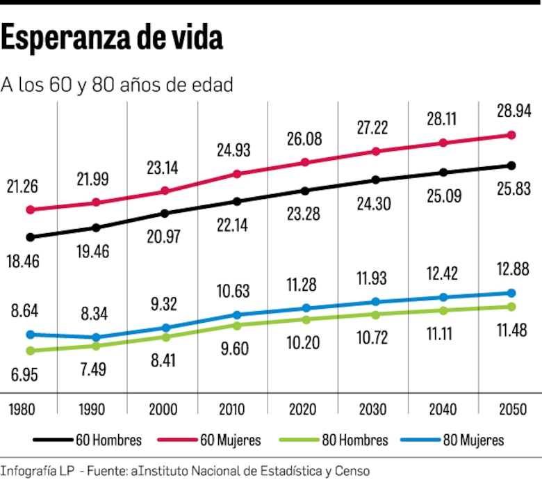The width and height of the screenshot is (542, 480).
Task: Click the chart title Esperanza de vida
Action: click(x=112, y=39)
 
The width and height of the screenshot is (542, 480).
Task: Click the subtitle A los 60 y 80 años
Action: click(x=117, y=85)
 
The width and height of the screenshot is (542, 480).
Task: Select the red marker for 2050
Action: click(x=511, y=135)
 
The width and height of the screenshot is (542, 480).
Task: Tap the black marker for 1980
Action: click(x=30, y=237)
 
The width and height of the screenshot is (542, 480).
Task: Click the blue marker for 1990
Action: click(x=96, y=337)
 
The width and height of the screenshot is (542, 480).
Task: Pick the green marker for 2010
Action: click(x=236, y=325)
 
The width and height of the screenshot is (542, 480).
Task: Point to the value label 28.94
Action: click(x=511, y=111)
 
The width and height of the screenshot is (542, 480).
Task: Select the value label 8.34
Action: click(x=93, y=314)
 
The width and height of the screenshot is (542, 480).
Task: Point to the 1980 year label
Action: click(x=22, y=409)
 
